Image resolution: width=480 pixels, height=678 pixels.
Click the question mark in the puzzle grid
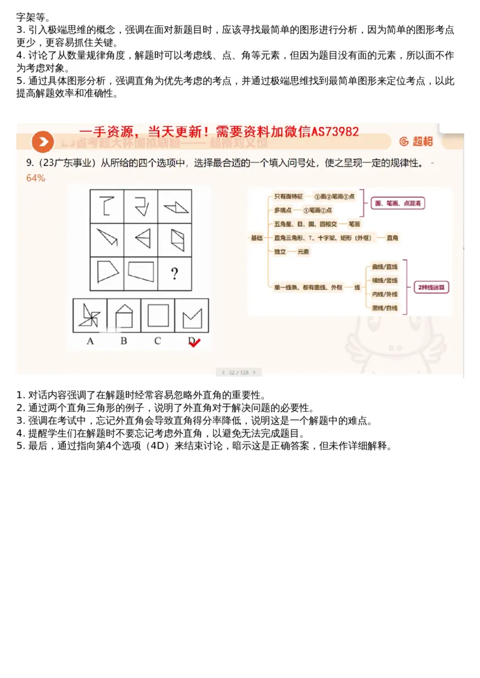point(174,275)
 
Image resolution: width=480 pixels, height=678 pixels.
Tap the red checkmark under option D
point(194,342)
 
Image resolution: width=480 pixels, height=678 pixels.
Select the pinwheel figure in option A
point(90,315)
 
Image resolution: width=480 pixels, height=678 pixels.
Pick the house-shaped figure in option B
point(124,315)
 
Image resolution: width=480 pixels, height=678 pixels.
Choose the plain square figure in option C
point(158,315)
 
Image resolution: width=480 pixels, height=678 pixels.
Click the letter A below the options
point(90,341)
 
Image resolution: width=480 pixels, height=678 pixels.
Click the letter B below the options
point(124,341)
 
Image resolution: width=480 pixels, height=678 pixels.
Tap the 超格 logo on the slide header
point(416,141)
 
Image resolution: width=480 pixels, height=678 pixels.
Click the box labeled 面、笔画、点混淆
point(397,203)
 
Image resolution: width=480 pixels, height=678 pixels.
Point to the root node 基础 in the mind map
point(256,238)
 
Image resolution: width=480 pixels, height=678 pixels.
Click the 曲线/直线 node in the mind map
point(385,267)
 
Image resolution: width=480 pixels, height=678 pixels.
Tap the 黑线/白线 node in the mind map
point(385,309)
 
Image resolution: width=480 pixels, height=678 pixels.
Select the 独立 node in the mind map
point(280,252)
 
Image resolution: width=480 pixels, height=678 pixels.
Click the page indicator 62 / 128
point(239,372)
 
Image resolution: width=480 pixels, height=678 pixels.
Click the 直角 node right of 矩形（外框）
point(392,238)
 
